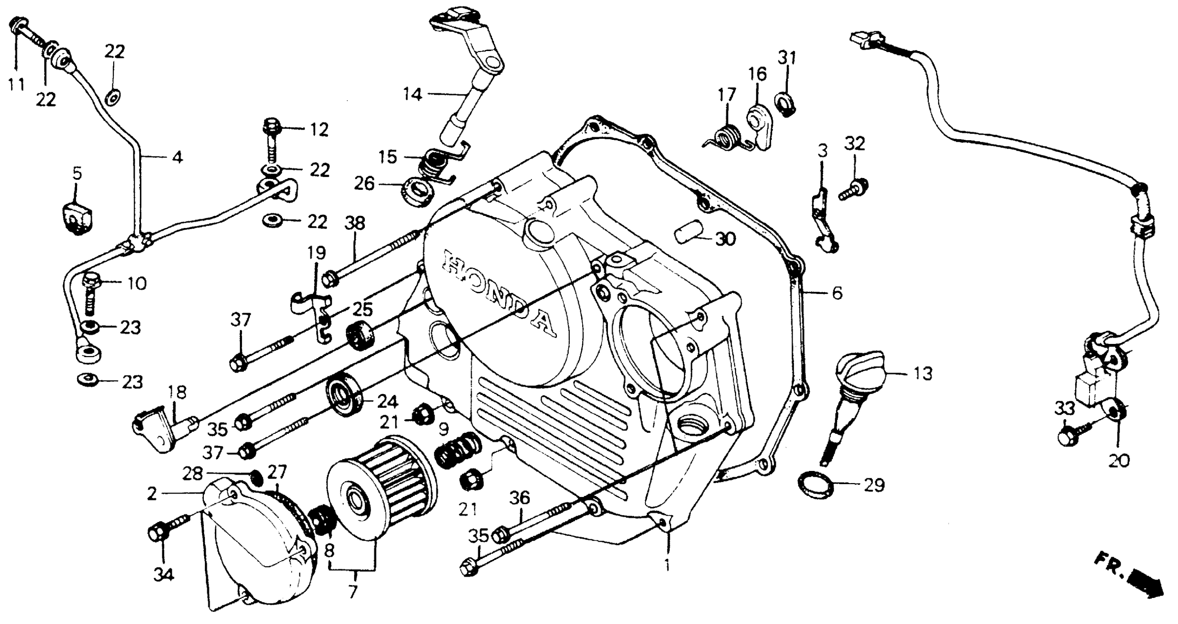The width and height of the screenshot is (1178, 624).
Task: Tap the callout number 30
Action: click(x=724, y=239)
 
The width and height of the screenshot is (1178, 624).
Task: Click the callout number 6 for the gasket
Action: click(x=837, y=293)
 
